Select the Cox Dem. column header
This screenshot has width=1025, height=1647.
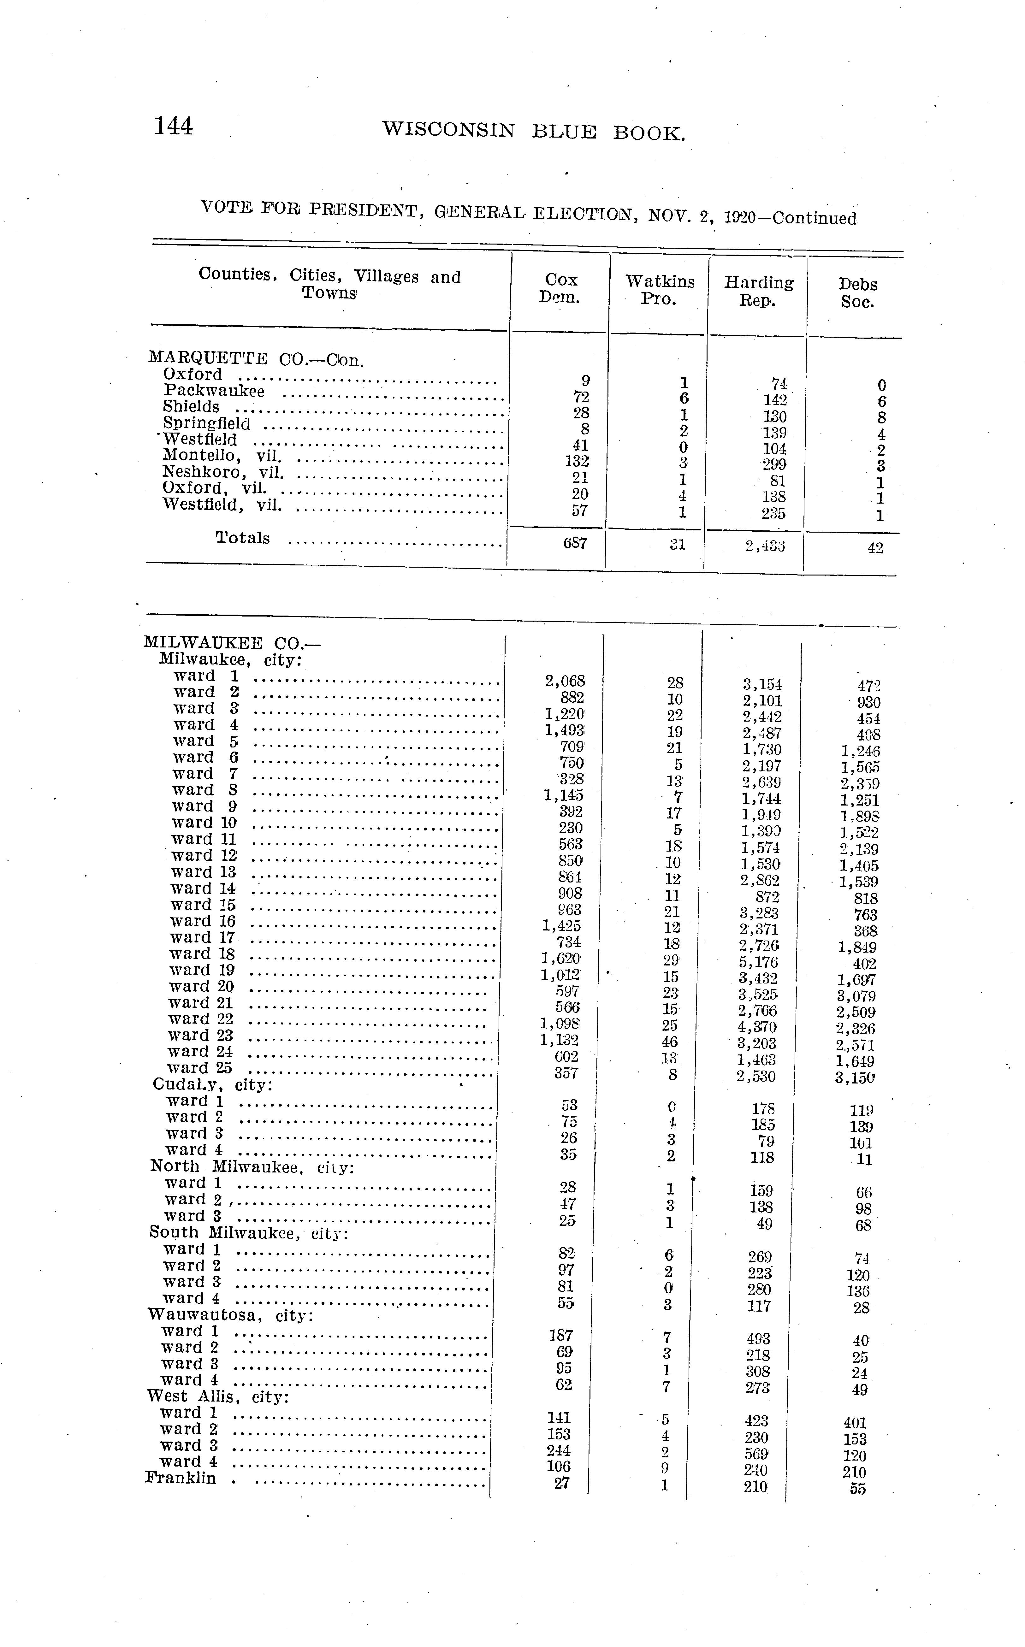(x=561, y=289)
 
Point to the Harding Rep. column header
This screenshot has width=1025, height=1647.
(x=759, y=292)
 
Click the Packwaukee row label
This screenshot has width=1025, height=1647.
(x=214, y=391)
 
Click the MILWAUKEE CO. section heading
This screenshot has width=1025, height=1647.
(x=231, y=642)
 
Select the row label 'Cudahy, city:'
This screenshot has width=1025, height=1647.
(x=212, y=1084)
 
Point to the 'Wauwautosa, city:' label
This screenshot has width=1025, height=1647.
(x=230, y=1316)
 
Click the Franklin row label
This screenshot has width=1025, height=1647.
(x=180, y=1478)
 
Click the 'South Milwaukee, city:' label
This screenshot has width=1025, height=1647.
(x=248, y=1233)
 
